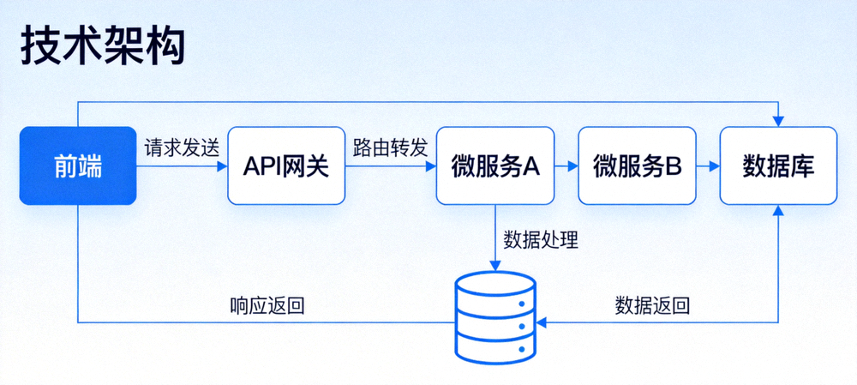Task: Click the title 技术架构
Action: (101, 49)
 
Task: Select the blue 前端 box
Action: (77, 165)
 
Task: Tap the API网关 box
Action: (285, 165)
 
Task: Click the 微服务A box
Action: (494, 165)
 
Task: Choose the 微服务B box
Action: (636, 165)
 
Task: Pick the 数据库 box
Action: (778, 165)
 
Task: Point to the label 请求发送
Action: (182, 147)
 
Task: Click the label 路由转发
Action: (389, 147)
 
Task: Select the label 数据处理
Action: (541, 240)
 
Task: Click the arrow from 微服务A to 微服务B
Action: (565, 166)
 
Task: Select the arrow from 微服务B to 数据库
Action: (706, 166)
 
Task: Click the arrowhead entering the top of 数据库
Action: (778, 121)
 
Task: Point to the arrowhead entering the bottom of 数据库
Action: (778, 211)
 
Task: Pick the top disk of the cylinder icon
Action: (495, 286)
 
